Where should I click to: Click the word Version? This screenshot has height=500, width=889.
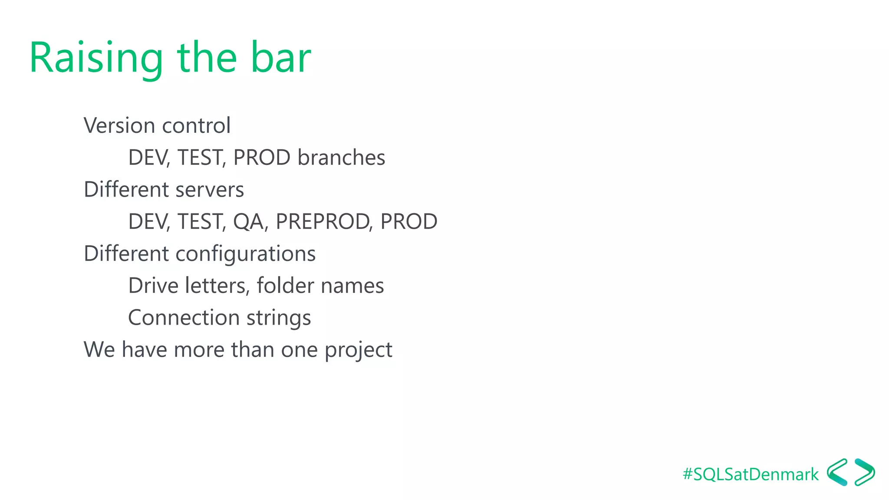[x=119, y=126]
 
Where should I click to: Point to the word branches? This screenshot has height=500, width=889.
[x=341, y=158]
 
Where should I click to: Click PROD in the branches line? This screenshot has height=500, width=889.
[x=262, y=158]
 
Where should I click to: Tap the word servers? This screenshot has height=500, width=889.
[x=210, y=190]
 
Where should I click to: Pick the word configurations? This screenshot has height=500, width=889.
[x=245, y=254]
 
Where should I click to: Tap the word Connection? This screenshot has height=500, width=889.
[x=184, y=318]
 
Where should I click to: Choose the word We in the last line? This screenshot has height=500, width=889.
[x=99, y=350]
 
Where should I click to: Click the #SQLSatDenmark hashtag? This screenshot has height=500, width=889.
[x=751, y=474]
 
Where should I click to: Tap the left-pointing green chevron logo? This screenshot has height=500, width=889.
[x=837, y=472]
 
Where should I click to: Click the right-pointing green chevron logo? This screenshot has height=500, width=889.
[x=864, y=472]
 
